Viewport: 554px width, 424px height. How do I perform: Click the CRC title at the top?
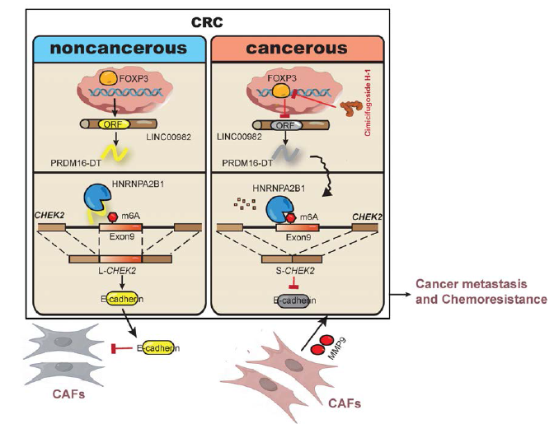click(206, 20)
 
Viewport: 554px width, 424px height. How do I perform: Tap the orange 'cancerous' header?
click(298, 48)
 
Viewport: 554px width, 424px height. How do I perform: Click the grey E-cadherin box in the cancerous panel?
click(292, 302)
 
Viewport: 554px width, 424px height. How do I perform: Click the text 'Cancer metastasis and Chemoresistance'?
click(480, 291)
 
